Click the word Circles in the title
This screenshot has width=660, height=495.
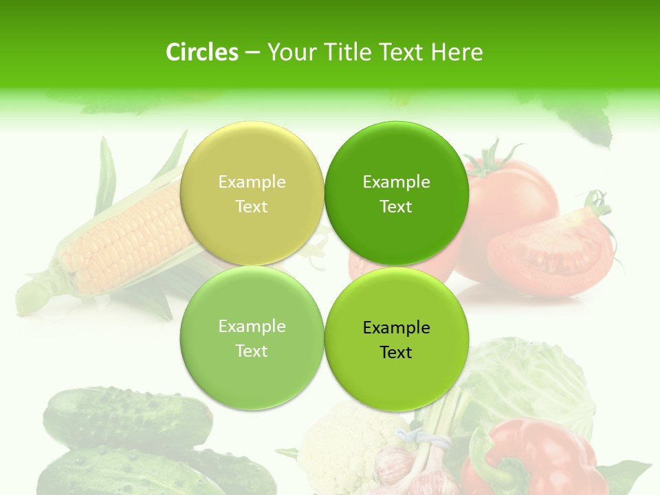(x=201, y=52)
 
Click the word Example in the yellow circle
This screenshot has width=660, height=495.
(x=252, y=181)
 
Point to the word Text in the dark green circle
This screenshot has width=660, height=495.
(x=396, y=206)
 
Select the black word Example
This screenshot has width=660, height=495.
(x=396, y=327)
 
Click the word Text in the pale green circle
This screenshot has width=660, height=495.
(x=252, y=351)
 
